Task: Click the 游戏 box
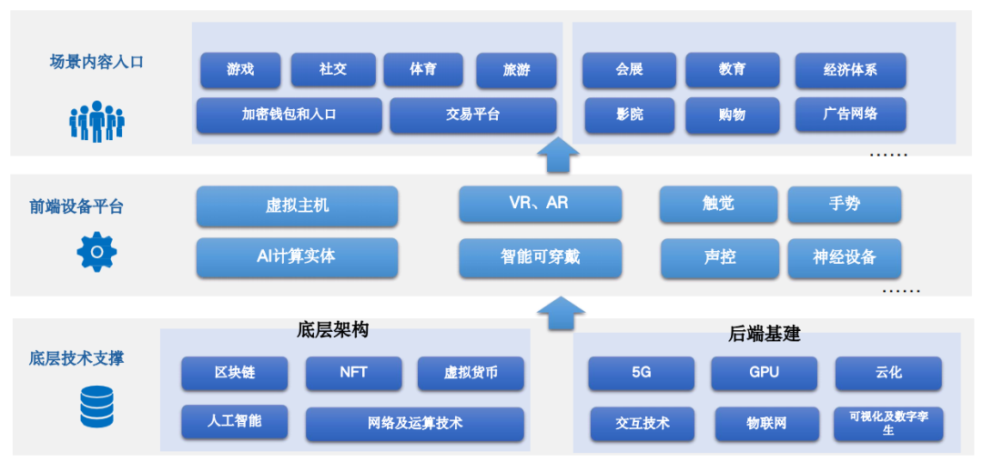240,70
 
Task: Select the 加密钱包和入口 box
289,115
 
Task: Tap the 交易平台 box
472,115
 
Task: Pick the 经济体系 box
850,70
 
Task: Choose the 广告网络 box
850,115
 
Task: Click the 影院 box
629,115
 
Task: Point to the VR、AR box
540,204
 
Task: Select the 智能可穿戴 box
540,257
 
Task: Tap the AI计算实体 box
297,257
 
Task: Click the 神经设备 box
844,257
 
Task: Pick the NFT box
353,373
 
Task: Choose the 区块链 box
234,373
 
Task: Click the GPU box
764,373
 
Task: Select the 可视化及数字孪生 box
888,423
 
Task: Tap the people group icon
96,121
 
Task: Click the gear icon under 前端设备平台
96,253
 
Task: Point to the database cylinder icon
96,407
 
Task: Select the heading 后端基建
765,333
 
